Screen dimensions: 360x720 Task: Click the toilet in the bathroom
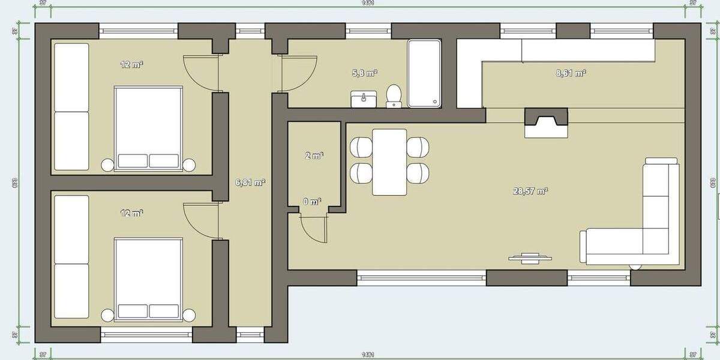(394, 95)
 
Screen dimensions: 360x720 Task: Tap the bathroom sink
(364, 99)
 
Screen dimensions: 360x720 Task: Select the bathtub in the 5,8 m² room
(424, 73)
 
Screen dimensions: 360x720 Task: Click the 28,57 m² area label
(530, 191)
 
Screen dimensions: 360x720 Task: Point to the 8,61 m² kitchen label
(571, 73)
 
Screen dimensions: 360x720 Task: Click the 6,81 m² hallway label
(251, 182)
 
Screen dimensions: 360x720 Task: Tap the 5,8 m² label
(364, 73)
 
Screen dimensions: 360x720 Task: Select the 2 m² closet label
(314, 155)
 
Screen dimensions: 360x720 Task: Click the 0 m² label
(311, 202)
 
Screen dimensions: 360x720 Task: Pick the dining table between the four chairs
(389, 162)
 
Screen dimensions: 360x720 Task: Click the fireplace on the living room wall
(545, 122)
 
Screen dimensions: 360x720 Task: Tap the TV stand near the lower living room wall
(529, 258)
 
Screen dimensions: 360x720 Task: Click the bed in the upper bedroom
(148, 128)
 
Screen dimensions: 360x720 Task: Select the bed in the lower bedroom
(148, 280)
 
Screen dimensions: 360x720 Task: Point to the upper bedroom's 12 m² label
(131, 64)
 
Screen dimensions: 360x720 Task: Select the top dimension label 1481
(368, 3)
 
